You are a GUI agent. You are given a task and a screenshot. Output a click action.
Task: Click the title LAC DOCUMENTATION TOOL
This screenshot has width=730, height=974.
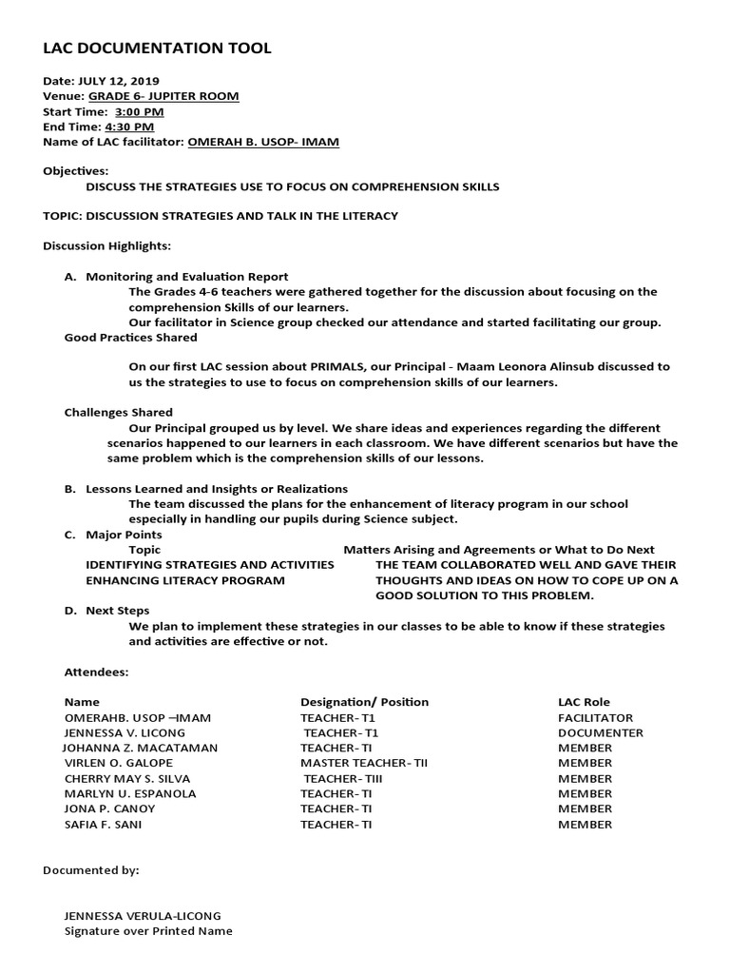(x=157, y=49)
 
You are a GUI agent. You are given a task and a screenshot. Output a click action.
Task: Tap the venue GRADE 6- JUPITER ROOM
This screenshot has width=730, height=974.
(x=163, y=96)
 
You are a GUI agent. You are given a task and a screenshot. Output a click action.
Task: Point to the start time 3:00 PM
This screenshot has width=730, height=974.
(x=139, y=111)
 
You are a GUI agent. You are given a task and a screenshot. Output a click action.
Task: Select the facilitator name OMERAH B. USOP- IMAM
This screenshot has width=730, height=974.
(x=263, y=142)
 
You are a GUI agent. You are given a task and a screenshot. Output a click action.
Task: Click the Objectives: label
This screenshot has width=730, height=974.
(x=76, y=171)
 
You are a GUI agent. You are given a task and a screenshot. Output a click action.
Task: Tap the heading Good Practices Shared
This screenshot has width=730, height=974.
(x=130, y=337)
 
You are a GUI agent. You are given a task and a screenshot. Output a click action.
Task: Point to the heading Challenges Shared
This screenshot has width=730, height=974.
(x=118, y=412)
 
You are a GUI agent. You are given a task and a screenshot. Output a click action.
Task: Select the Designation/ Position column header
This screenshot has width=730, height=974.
(x=364, y=702)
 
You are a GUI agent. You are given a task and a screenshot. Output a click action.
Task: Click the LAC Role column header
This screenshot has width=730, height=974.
(x=584, y=702)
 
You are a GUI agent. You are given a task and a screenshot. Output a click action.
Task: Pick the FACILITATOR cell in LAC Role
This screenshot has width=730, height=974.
(x=595, y=718)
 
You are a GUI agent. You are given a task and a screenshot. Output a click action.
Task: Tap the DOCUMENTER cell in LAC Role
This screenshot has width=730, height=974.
(x=600, y=733)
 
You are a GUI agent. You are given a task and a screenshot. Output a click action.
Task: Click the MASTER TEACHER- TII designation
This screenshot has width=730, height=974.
(x=364, y=764)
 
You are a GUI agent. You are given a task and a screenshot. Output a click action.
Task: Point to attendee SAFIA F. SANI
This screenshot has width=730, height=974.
(x=103, y=825)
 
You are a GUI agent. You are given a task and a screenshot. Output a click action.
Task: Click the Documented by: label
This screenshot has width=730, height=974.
(x=91, y=870)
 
